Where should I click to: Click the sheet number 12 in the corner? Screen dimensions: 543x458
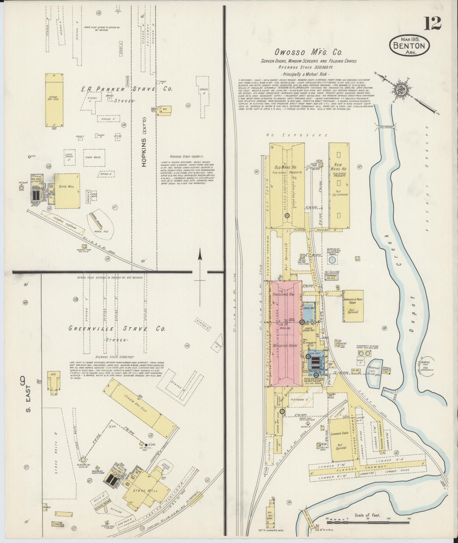(433, 23)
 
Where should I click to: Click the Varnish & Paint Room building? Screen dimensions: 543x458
(353, 306)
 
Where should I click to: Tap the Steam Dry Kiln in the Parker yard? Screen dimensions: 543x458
(54, 100)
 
